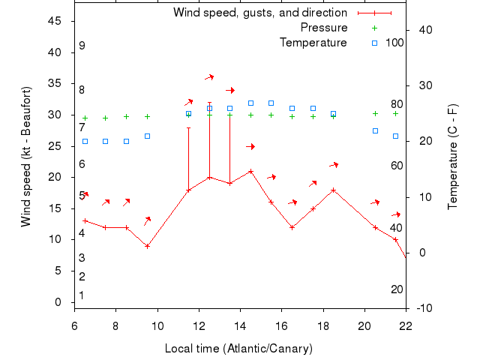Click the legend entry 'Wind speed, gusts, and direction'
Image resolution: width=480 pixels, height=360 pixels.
[x=259, y=13]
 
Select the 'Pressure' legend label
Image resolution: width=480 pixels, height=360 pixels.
[x=323, y=28]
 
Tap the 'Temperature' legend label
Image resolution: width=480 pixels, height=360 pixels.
[x=313, y=43]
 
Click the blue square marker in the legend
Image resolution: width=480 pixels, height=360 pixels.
[x=375, y=43]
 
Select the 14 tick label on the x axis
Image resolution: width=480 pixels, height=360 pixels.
[x=240, y=326]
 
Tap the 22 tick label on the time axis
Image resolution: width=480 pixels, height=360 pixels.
[x=406, y=326]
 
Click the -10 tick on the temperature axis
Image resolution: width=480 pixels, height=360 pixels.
[x=423, y=308]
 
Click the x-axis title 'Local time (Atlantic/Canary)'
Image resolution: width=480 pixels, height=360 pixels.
[x=238, y=349]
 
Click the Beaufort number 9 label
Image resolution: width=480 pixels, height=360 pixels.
[x=82, y=46]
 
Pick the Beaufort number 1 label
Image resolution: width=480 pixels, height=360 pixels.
[x=82, y=295]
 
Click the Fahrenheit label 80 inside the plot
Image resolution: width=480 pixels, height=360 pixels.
[x=397, y=104]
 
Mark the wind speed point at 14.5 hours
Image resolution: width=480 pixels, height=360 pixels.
[x=250, y=171]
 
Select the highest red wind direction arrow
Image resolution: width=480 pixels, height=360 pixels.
[x=210, y=76]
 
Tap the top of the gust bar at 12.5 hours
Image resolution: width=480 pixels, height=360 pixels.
[x=209, y=103]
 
